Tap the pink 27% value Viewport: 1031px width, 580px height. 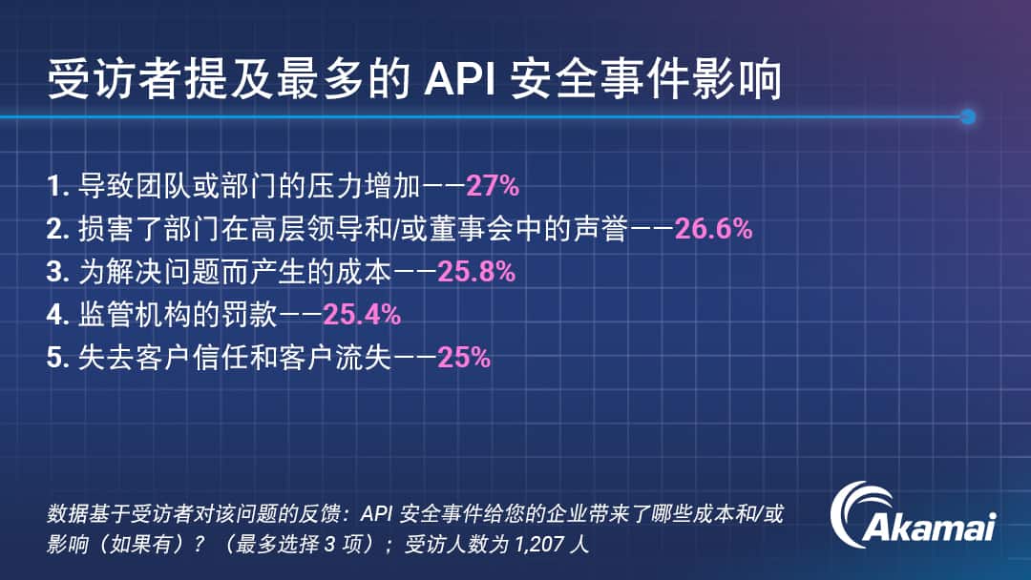[493, 186]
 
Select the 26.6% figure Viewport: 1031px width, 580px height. [713, 229]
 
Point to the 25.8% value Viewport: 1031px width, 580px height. [476, 271]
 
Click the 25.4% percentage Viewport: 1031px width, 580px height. [362, 315]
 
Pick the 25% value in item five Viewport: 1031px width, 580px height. [464, 358]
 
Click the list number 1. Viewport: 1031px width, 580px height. [58, 187]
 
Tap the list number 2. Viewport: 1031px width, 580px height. [58, 229]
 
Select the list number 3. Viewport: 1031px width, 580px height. [58, 272]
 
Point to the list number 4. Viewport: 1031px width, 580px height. [58, 315]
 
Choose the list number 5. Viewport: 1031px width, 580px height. [58, 358]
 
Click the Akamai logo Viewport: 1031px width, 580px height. [913, 516]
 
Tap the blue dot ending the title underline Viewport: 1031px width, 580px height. [967, 117]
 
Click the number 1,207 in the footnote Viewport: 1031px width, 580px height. [539, 545]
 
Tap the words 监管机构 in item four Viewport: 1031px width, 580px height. [135, 315]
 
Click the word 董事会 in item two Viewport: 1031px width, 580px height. [473, 229]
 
